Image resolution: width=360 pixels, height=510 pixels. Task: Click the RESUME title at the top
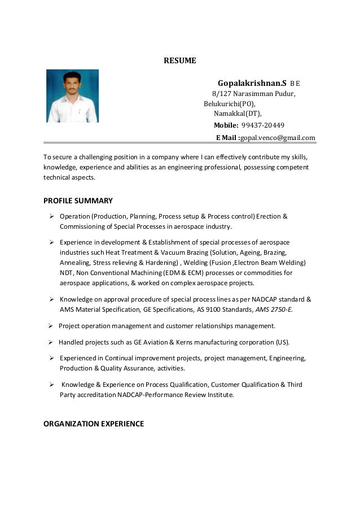(x=179, y=60)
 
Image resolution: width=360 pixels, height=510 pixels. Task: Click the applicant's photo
(x=72, y=95)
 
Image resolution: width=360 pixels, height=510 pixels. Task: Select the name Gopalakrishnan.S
(x=252, y=83)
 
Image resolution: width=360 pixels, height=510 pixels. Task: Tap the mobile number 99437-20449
(x=262, y=125)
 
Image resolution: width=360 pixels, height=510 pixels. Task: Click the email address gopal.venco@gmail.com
(x=278, y=138)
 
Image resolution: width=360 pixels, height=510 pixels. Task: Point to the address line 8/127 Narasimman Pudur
(x=253, y=94)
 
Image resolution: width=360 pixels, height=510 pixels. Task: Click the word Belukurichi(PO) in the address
(x=229, y=104)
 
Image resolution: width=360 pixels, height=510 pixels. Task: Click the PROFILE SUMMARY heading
(x=78, y=200)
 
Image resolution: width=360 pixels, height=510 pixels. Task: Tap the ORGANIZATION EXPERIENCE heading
(x=94, y=424)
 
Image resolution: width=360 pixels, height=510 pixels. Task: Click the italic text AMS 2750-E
(x=274, y=310)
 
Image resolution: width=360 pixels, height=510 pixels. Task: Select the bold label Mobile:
(x=226, y=125)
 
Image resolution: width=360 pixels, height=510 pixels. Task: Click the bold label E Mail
(x=227, y=138)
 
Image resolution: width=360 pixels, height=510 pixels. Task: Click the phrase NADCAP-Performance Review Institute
(x=175, y=395)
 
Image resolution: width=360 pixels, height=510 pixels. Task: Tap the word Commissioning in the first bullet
(x=82, y=226)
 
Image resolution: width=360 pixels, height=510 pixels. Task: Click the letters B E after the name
(x=295, y=84)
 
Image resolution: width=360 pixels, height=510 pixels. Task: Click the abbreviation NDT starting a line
(x=67, y=273)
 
